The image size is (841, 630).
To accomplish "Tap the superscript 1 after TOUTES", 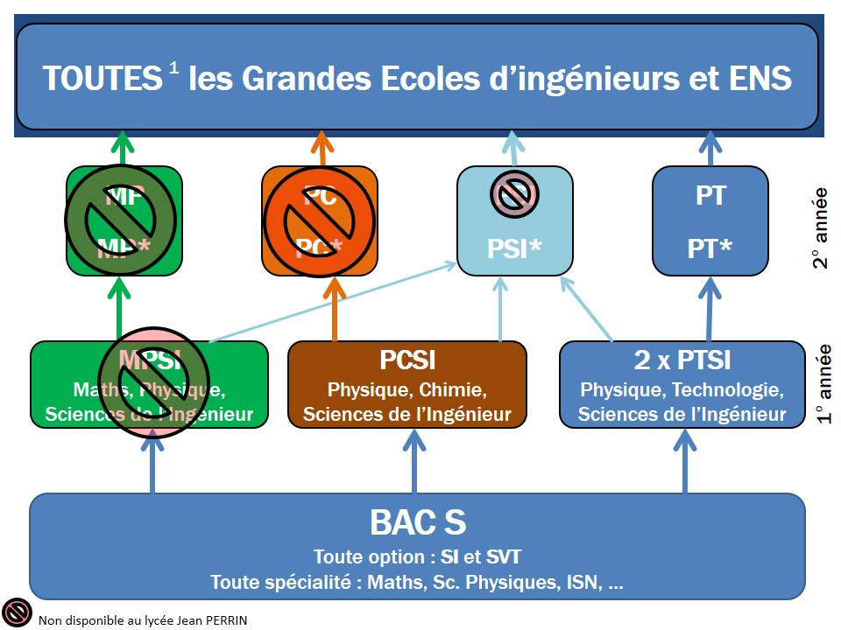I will coord(174,69).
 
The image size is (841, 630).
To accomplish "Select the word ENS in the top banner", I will coord(760,79).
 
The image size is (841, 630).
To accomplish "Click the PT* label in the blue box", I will coord(710,248).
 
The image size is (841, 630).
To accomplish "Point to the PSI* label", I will coord(514,249).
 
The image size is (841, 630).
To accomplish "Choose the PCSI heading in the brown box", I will coord(407,360).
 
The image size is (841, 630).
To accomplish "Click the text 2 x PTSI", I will coord(682,360).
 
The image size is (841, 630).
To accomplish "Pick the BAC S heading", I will coord(417,522).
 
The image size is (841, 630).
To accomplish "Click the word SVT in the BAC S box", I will coord(503,557).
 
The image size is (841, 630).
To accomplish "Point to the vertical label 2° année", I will coord(819,227).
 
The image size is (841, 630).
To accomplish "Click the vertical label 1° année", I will coord(823,383).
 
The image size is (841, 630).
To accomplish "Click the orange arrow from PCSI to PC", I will coord(333,309).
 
